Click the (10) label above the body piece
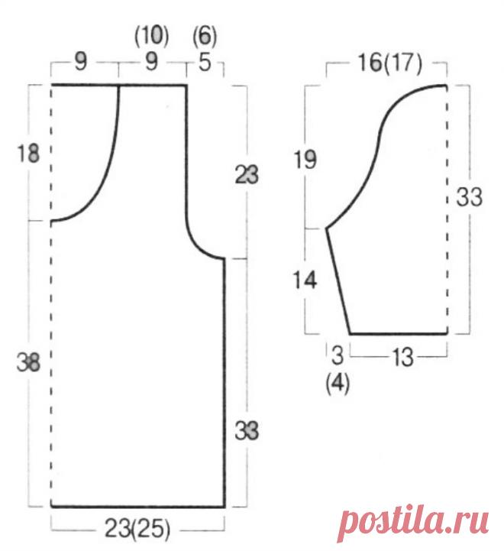[152, 36]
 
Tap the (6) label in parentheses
[205, 36]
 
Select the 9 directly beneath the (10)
[151, 62]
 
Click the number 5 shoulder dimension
[205, 62]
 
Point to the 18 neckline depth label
[28, 154]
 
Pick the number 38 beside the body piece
[28, 362]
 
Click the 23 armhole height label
[247, 175]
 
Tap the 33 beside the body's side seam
[247, 430]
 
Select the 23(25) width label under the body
[137, 528]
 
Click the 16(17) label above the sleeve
[390, 64]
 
